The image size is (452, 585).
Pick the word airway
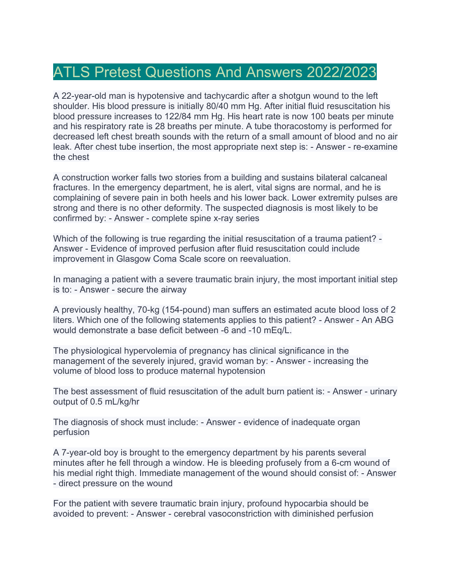click(x=173, y=289)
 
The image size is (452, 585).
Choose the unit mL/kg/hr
click(x=115, y=402)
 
